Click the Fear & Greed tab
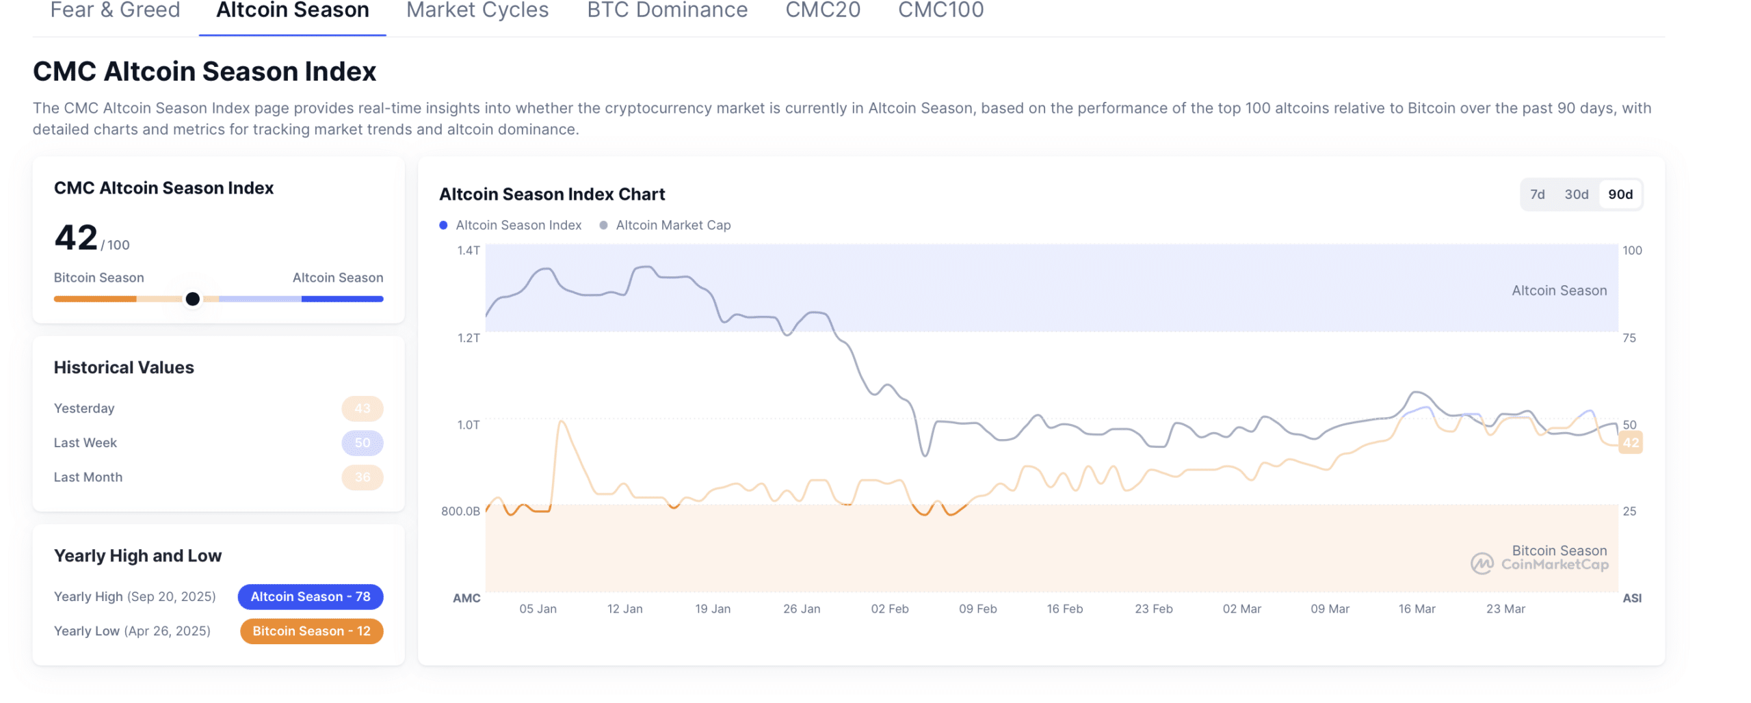[x=115, y=10]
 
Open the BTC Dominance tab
[x=666, y=10]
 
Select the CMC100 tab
[x=940, y=10]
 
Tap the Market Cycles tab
[x=477, y=10]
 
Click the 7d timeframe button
[x=1536, y=194]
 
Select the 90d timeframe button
[x=1619, y=194]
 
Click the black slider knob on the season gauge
[x=192, y=299]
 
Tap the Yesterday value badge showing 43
[x=362, y=408]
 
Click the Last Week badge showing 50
[x=362, y=442]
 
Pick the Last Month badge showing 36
[x=362, y=477]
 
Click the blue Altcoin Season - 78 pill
[x=310, y=596]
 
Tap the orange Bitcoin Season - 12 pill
[x=311, y=631]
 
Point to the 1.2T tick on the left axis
[x=469, y=338]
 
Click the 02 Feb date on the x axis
[x=889, y=609]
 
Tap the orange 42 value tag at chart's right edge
[x=1630, y=442]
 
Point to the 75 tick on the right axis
[x=1629, y=338]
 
